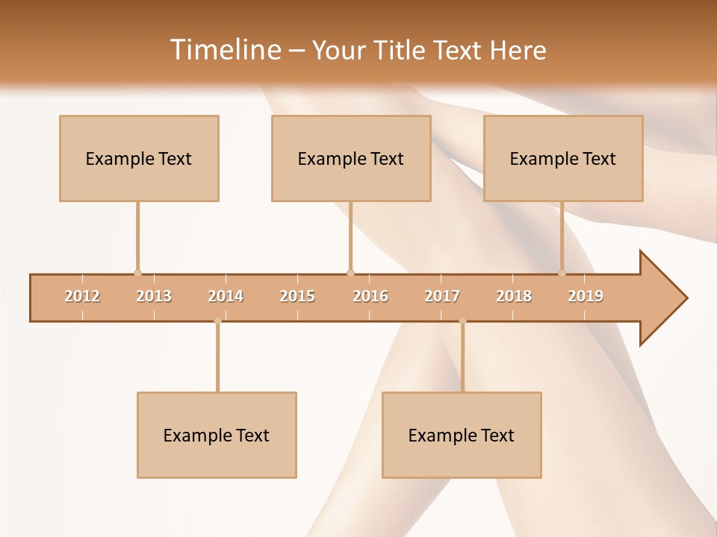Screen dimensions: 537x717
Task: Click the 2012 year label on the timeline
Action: tap(82, 296)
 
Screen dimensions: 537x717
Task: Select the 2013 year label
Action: tap(154, 296)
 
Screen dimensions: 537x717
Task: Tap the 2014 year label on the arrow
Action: tap(226, 296)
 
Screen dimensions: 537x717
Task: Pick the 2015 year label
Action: tap(297, 296)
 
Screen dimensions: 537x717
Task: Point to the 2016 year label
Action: tap(370, 296)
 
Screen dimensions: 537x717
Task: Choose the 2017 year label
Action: tap(442, 296)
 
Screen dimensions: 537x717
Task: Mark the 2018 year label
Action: tap(514, 296)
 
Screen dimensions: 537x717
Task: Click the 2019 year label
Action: tap(586, 296)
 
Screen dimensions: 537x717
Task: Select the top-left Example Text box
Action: tap(139, 158)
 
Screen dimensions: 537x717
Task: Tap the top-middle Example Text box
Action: tap(351, 158)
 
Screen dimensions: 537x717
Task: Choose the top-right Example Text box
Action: tap(563, 158)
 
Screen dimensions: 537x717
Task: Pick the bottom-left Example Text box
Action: tap(217, 435)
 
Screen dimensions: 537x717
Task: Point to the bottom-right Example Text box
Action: tap(462, 435)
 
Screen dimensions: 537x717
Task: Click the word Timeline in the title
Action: tap(224, 50)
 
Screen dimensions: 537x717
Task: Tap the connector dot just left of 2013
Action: tap(137, 273)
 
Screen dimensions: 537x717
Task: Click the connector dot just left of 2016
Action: tap(350, 273)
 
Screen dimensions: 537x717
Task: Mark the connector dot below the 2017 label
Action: tap(462, 321)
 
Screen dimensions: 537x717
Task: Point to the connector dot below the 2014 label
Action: tap(217, 321)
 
